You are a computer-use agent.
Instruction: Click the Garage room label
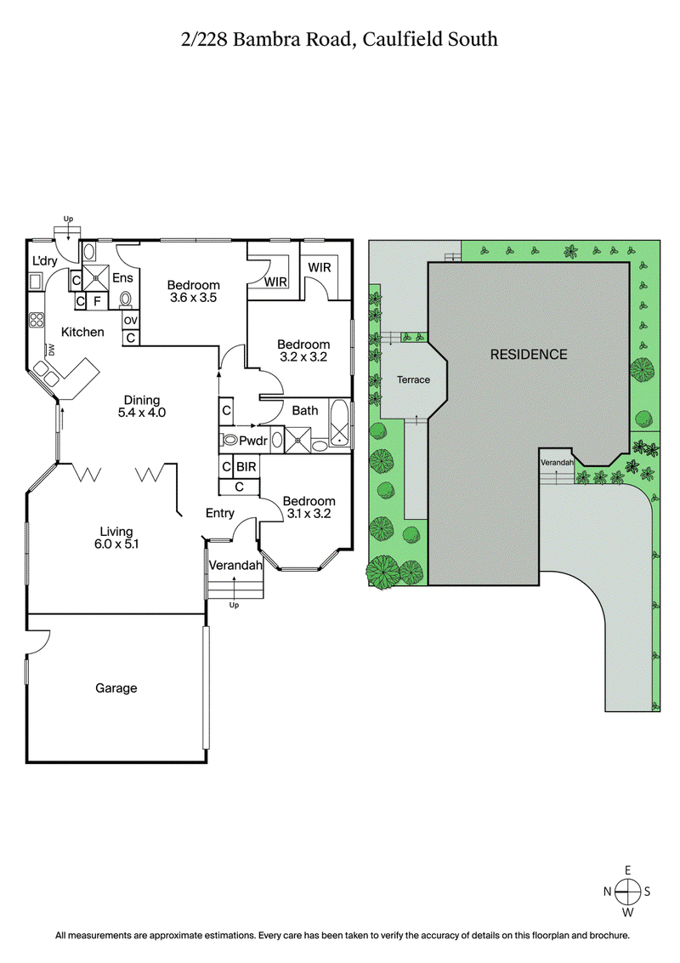(x=116, y=688)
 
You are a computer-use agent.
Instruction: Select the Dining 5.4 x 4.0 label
(x=142, y=406)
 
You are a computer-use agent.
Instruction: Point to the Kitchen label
(x=82, y=332)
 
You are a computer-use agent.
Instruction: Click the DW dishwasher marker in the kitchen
(x=51, y=349)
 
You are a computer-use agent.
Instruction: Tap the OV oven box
(x=130, y=320)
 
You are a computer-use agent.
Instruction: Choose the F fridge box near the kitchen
(x=97, y=300)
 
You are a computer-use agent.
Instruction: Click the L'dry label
(x=44, y=260)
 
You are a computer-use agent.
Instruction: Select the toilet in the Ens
(x=126, y=299)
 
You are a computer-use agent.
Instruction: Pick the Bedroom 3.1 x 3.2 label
(x=309, y=507)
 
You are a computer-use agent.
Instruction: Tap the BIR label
(x=246, y=467)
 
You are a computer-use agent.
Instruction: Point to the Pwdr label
(x=253, y=441)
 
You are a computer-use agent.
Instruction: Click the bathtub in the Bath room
(x=339, y=423)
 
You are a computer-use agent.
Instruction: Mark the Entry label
(x=220, y=512)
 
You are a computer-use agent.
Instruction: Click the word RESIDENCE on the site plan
(x=528, y=354)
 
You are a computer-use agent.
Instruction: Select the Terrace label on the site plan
(x=413, y=379)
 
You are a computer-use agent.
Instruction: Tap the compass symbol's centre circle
(x=627, y=891)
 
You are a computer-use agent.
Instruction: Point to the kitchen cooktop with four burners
(x=37, y=321)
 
